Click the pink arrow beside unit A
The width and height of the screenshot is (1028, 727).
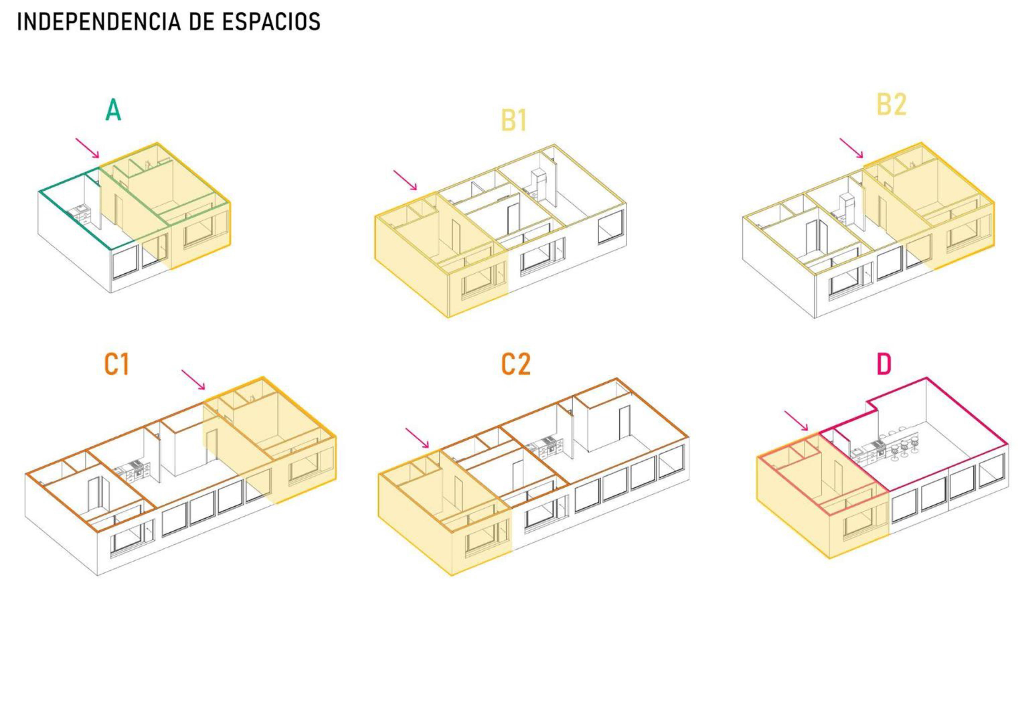(87, 148)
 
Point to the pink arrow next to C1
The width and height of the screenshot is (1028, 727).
(193, 379)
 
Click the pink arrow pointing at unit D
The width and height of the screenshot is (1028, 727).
(796, 421)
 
